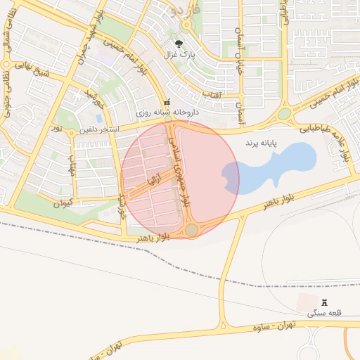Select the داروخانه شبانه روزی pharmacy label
coord(172,112)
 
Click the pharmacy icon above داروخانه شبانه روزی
coord(167,102)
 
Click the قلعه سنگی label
coord(324,314)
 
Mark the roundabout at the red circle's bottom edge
coord(192,230)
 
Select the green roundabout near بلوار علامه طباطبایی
coord(284,114)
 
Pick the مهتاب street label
coord(71,167)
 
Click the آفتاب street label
coord(212,94)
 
